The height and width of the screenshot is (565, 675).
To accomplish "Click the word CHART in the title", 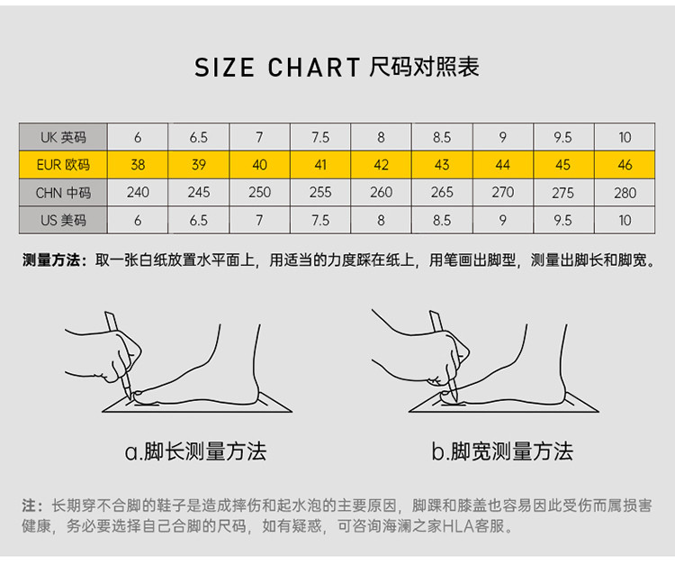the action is point(314,68).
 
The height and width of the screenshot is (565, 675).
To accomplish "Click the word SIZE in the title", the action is point(224,68).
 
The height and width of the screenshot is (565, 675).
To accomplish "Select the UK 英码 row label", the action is point(63,137).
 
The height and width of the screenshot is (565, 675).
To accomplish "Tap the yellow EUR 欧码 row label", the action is point(63,165).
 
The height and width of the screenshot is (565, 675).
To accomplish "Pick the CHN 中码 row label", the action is point(63,193).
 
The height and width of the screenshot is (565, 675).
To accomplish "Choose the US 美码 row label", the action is point(63,220).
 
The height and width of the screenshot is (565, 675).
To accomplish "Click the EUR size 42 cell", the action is point(381,165).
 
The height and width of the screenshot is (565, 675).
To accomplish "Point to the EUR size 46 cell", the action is point(625,165).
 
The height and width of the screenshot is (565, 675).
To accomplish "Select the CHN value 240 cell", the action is point(138,192).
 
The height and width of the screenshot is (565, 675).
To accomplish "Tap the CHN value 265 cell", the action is point(442,192).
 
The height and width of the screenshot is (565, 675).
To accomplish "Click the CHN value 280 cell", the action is point(625,193).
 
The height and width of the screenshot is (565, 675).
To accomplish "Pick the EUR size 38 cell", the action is point(138,165).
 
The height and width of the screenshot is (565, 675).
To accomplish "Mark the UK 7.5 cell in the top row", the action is point(320,137).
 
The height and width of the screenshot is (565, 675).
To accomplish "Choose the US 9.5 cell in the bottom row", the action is point(563,220).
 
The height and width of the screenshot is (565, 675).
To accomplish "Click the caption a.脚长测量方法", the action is point(195,451).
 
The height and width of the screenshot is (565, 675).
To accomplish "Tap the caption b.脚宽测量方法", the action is point(502,451).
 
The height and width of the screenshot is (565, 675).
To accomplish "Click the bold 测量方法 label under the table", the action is point(51,260).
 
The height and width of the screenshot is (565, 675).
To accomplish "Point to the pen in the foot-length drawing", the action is point(118,356).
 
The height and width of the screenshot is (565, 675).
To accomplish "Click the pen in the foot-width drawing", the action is point(443,356).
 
